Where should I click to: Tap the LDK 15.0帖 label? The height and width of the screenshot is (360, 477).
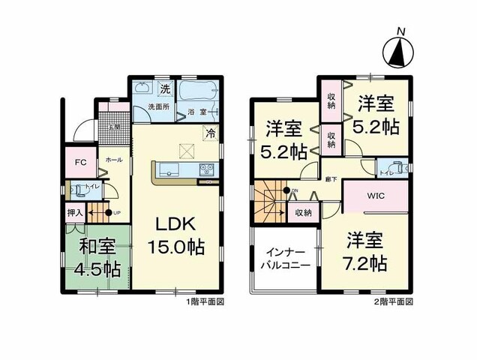point(177,235)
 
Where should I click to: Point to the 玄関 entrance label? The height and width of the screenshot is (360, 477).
point(115,127)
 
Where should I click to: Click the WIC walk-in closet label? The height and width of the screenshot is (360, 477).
point(375,197)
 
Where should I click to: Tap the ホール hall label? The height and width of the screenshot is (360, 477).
point(115,160)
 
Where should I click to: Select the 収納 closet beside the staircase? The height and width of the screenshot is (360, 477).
point(301,213)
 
